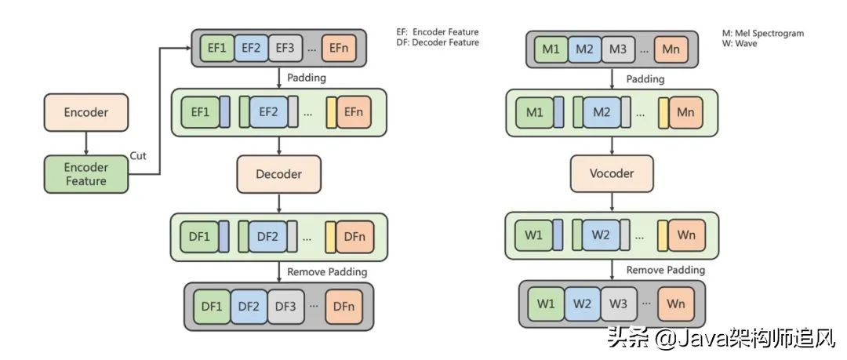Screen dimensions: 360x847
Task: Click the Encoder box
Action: coord(85,112)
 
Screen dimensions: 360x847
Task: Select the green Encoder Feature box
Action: coord(85,174)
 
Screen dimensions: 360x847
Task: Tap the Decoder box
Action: coord(278,173)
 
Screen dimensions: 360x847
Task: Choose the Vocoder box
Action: coord(612,173)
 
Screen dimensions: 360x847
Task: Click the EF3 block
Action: coord(285,48)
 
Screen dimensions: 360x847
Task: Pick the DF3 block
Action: coord(285,306)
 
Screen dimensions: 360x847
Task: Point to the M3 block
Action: coord(618,50)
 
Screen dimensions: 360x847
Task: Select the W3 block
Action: coord(618,303)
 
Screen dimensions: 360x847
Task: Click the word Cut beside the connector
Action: coord(138,156)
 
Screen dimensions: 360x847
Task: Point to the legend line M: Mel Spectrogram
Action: coord(762,34)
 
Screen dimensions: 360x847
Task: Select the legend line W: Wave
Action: coord(740,44)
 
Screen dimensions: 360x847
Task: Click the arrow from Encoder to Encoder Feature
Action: coord(85,143)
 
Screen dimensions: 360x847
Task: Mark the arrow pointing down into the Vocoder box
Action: coord(612,146)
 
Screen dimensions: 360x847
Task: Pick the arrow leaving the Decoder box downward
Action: coord(278,202)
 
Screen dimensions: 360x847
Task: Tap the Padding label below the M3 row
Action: coord(645,78)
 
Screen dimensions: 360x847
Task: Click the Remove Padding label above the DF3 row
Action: coord(327,272)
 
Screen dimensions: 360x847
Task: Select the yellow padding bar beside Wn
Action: coord(663,235)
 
